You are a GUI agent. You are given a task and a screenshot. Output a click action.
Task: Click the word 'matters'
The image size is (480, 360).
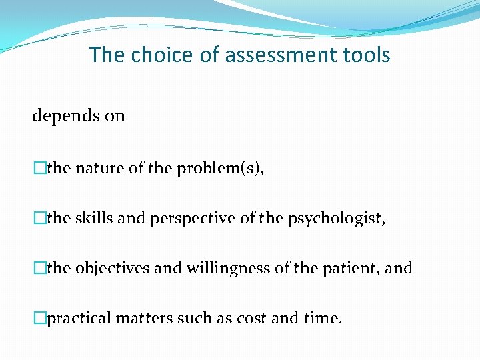[x=144, y=318]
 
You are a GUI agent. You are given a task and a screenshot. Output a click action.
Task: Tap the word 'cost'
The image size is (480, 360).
[x=250, y=318]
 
